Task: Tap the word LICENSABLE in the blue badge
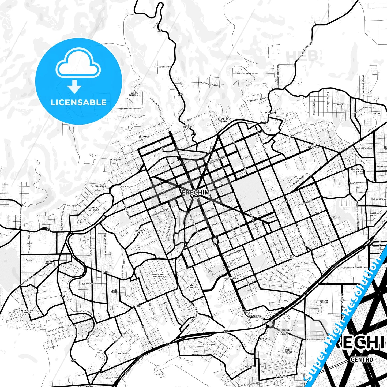78,102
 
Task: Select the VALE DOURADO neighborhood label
133,94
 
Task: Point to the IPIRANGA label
144,137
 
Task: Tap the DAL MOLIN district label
115,159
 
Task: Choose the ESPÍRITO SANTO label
140,232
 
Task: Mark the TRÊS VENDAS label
48,262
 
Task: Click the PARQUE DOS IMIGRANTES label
157,275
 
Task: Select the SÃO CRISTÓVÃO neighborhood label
191,287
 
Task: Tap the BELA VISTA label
293,257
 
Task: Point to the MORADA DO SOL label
374,214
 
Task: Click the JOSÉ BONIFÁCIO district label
314,146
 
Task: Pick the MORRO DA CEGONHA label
223,120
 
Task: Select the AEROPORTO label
197,354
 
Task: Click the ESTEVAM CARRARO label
324,302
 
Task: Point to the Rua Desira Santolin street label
161,67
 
